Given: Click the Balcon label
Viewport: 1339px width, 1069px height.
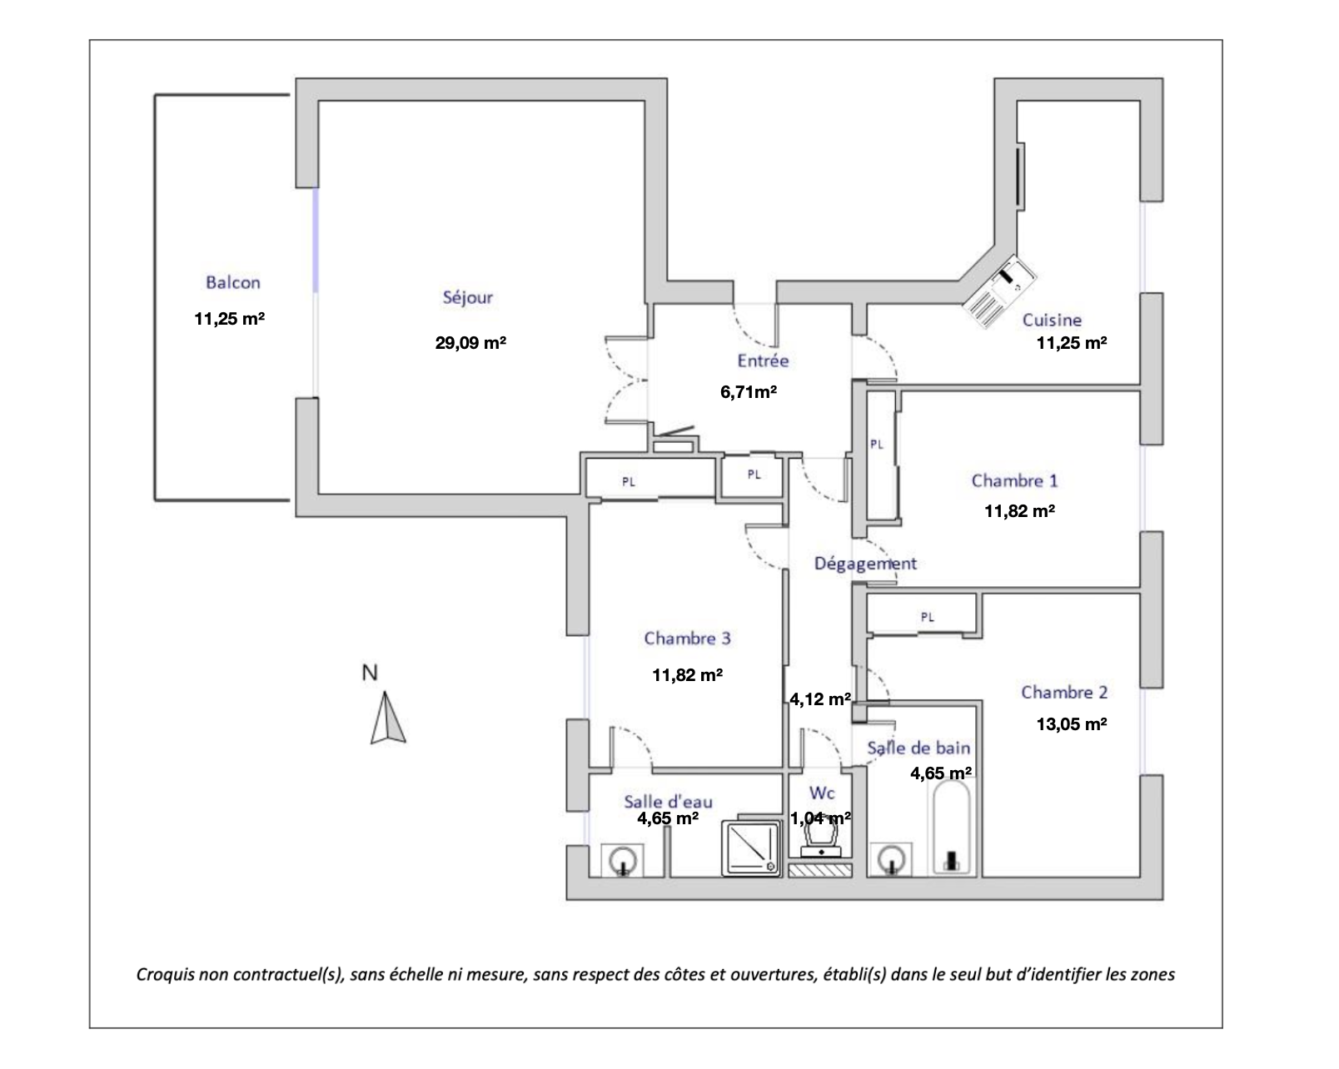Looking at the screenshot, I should coord(233,282).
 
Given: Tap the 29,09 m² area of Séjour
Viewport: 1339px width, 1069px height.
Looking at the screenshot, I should coord(470,342).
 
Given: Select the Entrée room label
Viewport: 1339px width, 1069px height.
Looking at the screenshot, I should coord(763,360).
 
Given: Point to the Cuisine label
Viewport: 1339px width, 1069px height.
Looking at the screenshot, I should coord(1052,320).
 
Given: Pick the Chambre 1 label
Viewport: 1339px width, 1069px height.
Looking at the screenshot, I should coord(1014,480).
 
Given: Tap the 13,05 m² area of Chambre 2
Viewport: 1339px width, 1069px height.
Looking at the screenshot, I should coord(1071,723).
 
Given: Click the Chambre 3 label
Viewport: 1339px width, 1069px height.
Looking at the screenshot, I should coord(687,639).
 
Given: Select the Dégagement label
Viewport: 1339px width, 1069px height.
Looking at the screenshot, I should coord(865,564).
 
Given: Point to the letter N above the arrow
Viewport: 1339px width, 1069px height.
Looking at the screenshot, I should coord(370,673).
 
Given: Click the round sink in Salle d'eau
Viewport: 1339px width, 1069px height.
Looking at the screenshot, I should coord(623,859).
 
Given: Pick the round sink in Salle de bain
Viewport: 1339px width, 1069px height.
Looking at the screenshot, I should coord(890,859).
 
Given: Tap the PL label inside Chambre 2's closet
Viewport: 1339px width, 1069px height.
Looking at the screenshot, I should coord(928,617).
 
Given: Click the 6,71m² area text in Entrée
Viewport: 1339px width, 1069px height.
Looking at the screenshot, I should coord(749,391).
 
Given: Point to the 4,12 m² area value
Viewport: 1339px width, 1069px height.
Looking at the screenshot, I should coord(820,699).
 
